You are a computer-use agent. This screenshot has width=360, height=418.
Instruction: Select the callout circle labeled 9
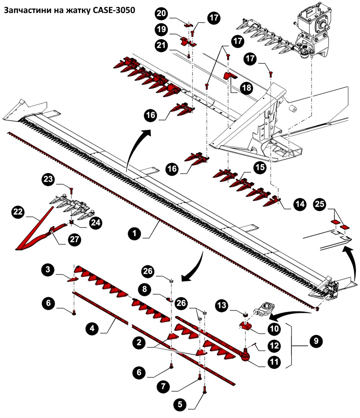[x=315, y=341]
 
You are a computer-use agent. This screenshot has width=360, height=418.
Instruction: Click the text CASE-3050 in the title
[x=112, y=9]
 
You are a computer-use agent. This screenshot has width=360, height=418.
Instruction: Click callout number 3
[x=47, y=271]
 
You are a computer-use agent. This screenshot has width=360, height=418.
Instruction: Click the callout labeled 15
[x=260, y=168]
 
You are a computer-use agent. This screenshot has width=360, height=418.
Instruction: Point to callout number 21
[x=161, y=45]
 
